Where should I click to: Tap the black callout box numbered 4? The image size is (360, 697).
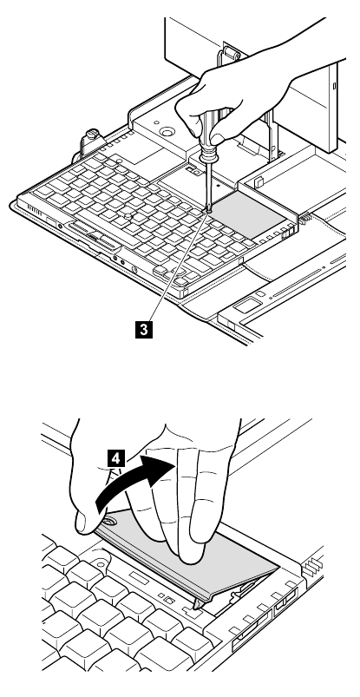pos(116,458)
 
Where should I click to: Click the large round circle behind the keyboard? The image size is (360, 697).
pos(167,132)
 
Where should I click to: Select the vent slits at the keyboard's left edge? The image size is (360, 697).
pos(35,209)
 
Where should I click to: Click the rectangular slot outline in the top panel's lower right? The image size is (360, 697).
pos(248,305)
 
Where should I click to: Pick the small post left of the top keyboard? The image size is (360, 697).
pos(92,135)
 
